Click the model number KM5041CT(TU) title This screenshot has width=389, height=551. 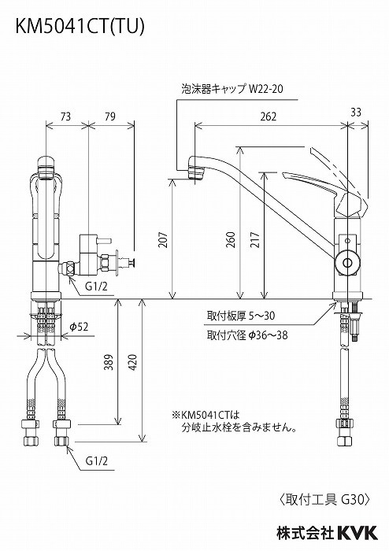[76, 26]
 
